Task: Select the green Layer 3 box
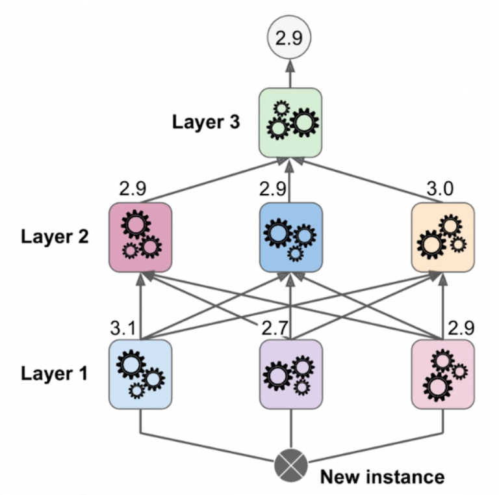(x=290, y=122)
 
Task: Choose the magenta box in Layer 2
(x=140, y=237)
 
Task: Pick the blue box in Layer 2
(x=290, y=237)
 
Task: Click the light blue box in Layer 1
(x=140, y=374)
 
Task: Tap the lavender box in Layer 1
(x=290, y=374)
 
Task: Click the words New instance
(x=382, y=477)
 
